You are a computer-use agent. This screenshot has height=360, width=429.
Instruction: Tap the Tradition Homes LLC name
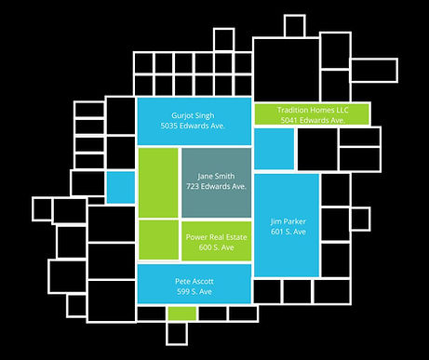tap(312, 109)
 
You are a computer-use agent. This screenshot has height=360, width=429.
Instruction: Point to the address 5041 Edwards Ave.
tap(312, 120)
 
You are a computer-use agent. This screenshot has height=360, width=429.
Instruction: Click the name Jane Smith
tap(216, 175)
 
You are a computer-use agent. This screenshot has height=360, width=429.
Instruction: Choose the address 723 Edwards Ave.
tap(216, 186)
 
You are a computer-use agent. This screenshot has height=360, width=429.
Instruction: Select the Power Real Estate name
tap(216, 236)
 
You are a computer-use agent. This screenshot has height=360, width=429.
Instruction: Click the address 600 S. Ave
tap(216, 247)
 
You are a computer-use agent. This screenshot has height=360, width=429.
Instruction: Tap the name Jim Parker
tap(288, 221)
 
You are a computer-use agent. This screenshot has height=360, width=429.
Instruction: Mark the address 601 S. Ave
tap(288, 233)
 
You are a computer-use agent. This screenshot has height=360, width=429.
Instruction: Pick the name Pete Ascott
tap(194, 280)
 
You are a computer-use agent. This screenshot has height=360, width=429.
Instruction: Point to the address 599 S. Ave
tap(194, 292)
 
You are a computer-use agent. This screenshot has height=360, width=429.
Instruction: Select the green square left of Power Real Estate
tap(157, 239)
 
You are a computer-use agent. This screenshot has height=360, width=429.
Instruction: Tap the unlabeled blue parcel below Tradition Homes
tap(274, 149)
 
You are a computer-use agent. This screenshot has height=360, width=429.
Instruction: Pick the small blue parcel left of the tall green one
tap(120, 186)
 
